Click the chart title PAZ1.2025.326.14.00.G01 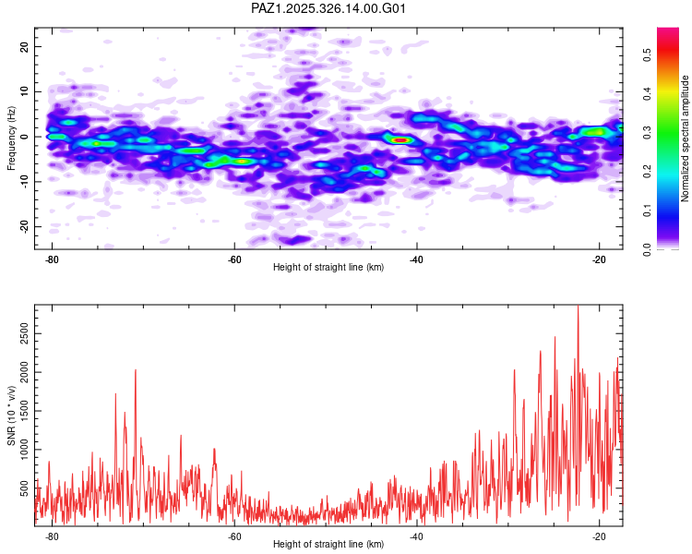328,8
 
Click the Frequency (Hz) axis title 11,138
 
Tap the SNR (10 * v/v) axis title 11,415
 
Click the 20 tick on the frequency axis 24,46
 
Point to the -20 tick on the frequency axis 22,227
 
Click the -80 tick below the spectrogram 52,259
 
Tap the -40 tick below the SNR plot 417,536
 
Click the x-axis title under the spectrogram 328,268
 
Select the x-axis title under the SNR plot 328,545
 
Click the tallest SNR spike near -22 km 578,307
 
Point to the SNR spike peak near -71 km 136,370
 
